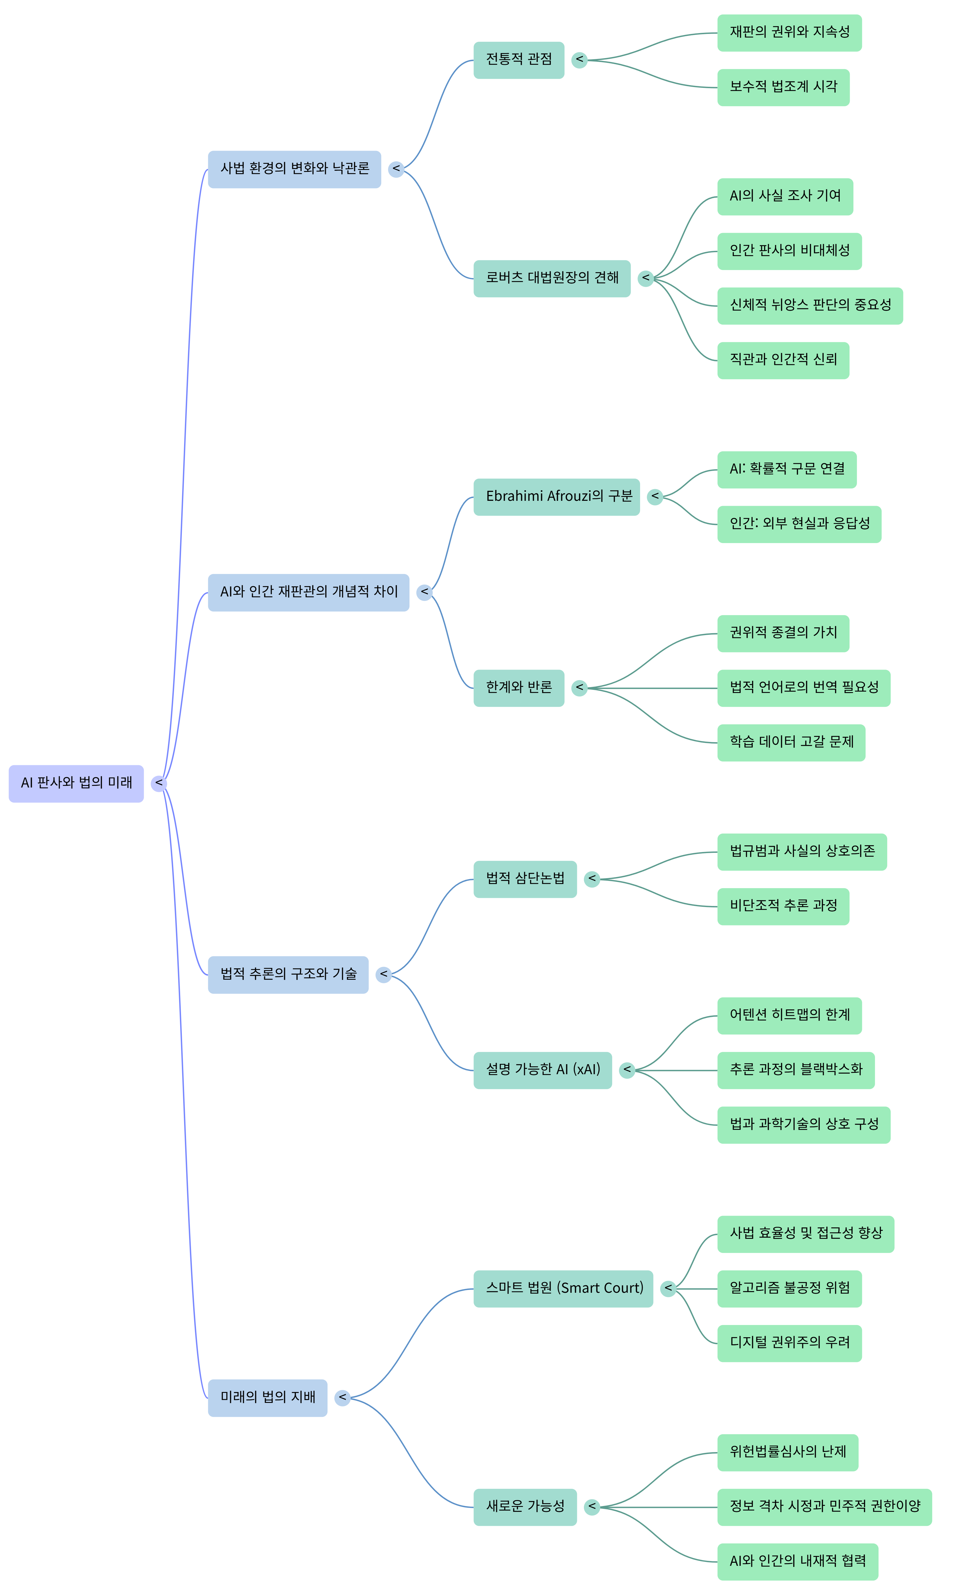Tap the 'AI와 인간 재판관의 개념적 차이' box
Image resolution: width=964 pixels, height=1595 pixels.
(x=308, y=592)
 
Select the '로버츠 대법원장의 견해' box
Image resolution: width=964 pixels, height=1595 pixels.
(x=552, y=278)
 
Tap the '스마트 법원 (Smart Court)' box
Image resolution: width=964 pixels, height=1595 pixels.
(x=562, y=1289)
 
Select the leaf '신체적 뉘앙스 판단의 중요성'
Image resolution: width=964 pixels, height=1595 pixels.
(x=809, y=306)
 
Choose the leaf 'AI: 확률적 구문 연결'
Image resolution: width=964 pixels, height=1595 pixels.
(x=787, y=469)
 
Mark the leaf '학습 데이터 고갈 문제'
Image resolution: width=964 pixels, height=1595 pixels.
(x=791, y=742)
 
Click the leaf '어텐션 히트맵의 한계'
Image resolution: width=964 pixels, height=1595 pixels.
(x=789, y=1016)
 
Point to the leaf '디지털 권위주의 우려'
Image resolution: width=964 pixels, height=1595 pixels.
(x=789, y=1343)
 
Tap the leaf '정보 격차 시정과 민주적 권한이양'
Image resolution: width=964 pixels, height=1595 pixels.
(x=824, y=1507)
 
